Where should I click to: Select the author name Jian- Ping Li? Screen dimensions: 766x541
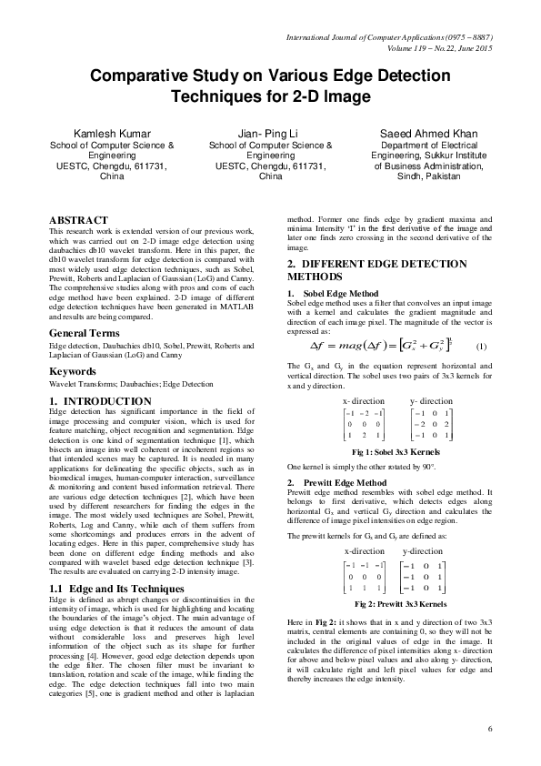coord(271,134)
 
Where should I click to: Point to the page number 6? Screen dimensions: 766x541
coord(489,729)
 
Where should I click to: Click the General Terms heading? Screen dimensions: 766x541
coord(91,334)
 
